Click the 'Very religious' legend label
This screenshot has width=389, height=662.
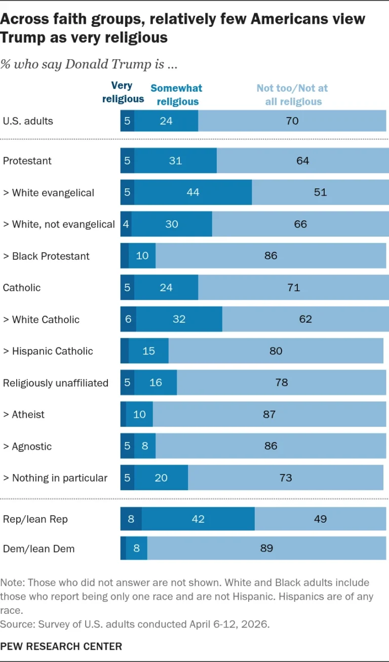123,92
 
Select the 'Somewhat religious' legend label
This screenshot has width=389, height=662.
177,95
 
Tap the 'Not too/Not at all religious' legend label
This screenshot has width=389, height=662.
292,95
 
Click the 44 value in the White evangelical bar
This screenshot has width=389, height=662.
192,192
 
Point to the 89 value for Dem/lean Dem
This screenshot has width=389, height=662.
266,548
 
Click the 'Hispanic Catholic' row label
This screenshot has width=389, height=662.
48,351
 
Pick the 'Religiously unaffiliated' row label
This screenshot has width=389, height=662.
56,383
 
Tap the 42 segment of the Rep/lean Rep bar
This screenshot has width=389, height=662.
198,519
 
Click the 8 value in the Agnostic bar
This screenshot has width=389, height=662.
145,446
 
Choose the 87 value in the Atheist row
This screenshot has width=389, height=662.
269,414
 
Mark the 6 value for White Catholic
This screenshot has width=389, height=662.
128,319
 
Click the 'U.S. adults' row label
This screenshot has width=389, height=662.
28,121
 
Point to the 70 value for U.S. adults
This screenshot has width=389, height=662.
292,121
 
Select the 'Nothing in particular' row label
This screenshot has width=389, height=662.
55,478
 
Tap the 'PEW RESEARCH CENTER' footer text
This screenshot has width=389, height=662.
61,646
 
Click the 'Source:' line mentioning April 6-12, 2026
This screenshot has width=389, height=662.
135,624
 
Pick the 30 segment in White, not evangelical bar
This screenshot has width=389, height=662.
172,224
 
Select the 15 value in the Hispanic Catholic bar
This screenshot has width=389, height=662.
148,351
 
